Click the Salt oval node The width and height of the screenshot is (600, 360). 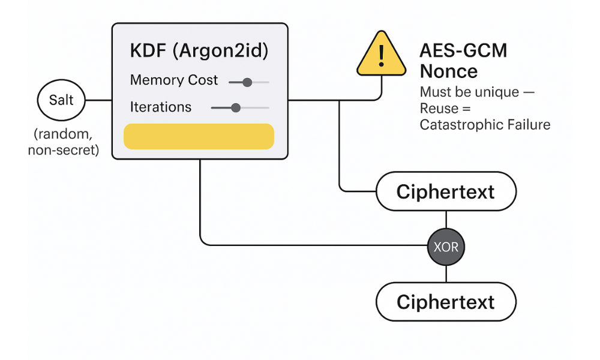point(61,100)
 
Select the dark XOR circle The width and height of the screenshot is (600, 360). point(446,246)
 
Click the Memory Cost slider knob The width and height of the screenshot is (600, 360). point(247,82)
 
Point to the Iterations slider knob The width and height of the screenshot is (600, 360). point(236,108)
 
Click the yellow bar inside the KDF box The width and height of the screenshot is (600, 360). point(199,136)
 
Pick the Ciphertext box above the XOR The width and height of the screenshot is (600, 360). point(446,192)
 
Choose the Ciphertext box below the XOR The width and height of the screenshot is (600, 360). point(446,301)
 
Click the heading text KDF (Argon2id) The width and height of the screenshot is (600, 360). point(199,50)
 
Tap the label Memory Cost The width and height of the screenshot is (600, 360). point(174,80)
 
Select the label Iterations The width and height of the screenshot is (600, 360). point(161,107)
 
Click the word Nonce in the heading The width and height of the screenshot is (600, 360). point(449,71)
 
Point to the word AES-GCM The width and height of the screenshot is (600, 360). point(463,50)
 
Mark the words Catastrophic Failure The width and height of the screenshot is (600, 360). point(485,125)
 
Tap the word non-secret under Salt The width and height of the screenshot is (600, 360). point(63,151)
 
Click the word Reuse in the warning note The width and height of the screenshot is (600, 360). point(439,109)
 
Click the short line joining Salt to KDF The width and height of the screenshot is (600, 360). point(99,100)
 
